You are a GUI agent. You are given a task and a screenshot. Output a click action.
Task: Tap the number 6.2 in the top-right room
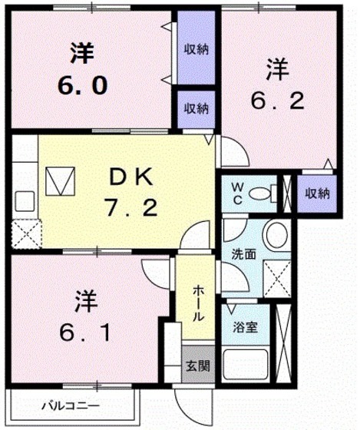click(278, 99)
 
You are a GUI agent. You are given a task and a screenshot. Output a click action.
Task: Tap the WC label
click(237, 193)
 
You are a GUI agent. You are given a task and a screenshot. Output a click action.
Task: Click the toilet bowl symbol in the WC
click(264, 193)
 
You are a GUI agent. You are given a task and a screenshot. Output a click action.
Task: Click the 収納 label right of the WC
click(316, 193)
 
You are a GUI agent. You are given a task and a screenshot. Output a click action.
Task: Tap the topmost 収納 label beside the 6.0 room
click(196, 48)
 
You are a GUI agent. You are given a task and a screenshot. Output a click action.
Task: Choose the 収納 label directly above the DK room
click(196, 108)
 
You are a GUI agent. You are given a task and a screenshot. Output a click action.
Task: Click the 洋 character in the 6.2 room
click(278, 69)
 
